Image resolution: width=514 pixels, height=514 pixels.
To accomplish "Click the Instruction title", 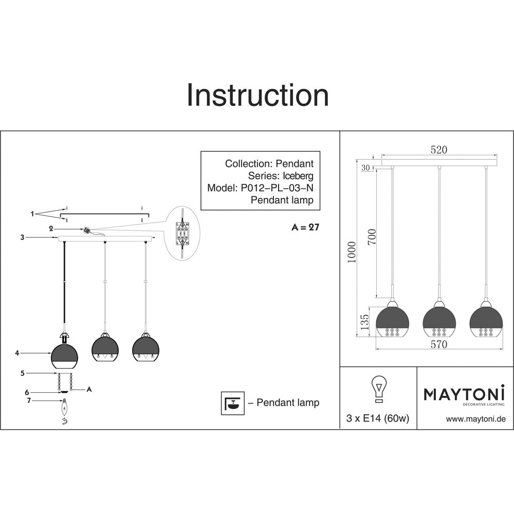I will tap(257, 96).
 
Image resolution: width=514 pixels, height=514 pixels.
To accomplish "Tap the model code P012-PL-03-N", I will tap(277, 188).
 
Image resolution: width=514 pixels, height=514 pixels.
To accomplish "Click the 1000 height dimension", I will tap(352, 252).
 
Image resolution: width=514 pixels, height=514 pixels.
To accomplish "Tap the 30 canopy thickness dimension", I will tap(365, 168).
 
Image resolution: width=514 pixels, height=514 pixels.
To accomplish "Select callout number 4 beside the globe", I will tap(17, 353).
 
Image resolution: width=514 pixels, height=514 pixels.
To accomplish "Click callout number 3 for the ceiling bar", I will tap(22, 237).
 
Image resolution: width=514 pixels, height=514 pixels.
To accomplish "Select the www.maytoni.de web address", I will tap(476, 419).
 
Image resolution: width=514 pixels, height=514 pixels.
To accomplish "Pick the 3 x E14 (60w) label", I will tap(378, 419).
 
